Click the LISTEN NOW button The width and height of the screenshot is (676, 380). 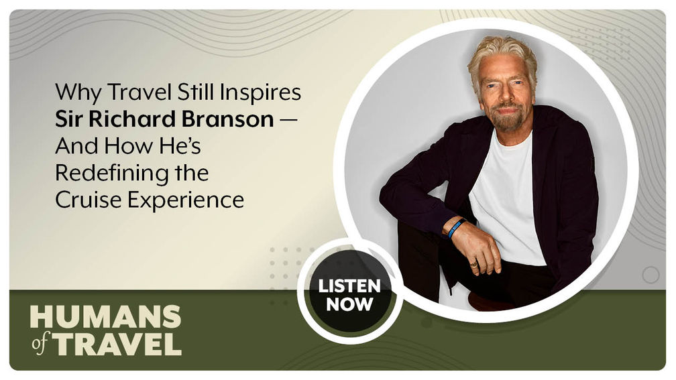click(x=349, y=295)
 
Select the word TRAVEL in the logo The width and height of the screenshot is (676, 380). click(x=117, y=342)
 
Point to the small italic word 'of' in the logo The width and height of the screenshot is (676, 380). click(x=39, y=344)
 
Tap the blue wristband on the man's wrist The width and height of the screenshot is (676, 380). click(x=457, y=228)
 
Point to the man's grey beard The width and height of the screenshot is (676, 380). click(x=508, y=119)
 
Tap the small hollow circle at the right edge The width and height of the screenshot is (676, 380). click(x=650, y=275)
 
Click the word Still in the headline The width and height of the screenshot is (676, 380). click(x=192, y=92)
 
